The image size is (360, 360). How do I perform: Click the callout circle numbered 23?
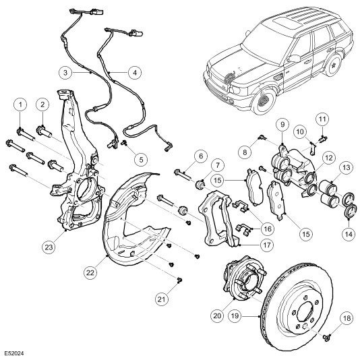pos(49,247)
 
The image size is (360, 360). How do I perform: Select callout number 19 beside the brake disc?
pos(235,316)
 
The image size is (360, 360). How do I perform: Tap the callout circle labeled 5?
pos(141,159)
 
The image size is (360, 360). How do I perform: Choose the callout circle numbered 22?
pos(90,272)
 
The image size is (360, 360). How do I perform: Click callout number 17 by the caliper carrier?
pos(267,245)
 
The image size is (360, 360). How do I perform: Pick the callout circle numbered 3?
pos(65,73)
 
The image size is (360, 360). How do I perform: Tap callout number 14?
pos(349,234)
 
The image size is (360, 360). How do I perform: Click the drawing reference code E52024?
pos(14,353)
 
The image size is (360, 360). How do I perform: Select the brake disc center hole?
pos(305,313)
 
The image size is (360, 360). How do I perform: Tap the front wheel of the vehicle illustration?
pos(264,100)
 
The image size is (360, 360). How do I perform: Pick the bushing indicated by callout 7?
pos(201,185)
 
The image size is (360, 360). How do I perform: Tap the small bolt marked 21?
pos(180,280)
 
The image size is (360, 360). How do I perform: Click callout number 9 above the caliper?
pos(282,125)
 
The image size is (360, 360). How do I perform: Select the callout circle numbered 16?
pos(268,229)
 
